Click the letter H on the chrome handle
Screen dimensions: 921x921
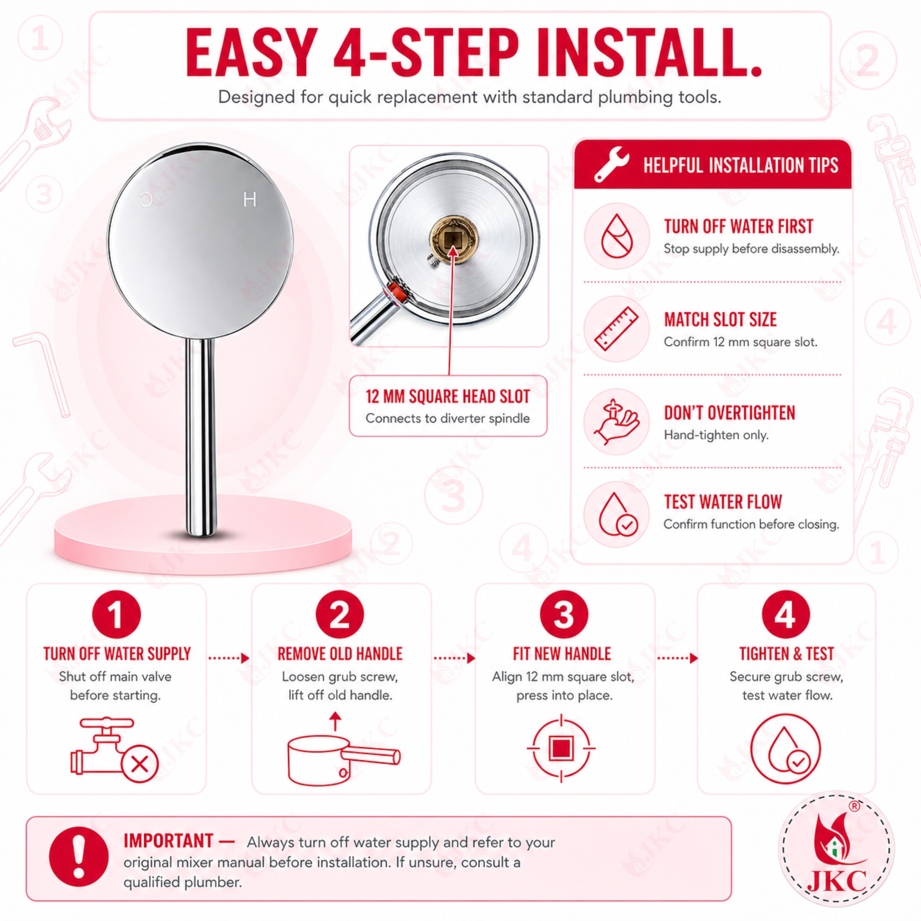tap(249, 199)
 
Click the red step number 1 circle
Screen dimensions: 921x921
tap(117, 614)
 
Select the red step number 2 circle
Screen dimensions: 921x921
tap(340, 614)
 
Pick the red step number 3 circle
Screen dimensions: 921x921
tap(564, 614)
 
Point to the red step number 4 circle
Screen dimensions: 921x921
tap(786, 614)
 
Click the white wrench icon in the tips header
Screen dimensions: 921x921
tap(611, 164)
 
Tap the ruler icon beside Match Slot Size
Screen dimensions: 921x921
tap(617, 328)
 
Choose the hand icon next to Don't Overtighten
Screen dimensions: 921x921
tap(617, 422)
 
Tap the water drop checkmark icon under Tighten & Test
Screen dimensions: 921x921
tap(786, 749)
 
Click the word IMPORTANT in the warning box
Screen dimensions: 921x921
tap(168, 841)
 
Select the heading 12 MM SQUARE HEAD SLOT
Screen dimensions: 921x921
tap(448, 396)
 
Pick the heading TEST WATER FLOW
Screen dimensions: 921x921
tap(723, 502)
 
